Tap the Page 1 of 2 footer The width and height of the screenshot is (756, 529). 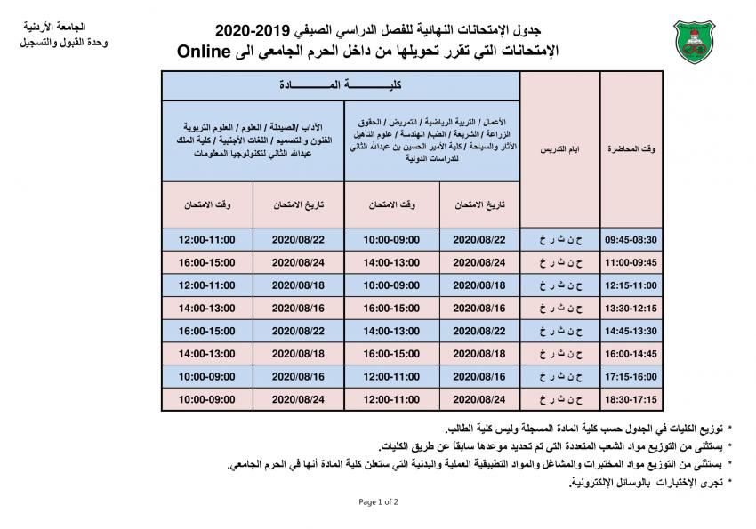pos(378,502)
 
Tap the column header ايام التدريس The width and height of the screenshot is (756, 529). pos(560,149)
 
